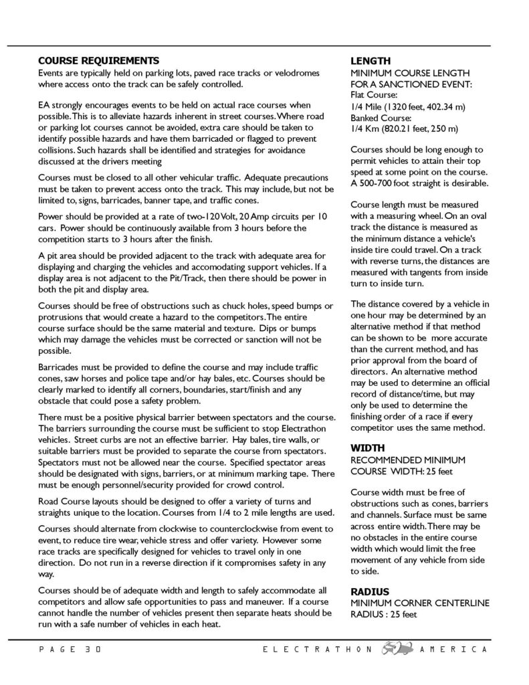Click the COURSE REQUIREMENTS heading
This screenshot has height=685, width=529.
click(98, 60)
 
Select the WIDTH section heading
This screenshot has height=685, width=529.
click(368, 447)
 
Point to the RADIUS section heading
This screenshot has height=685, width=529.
click(369, 591)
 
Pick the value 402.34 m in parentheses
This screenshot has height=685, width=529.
click(433, 106)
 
